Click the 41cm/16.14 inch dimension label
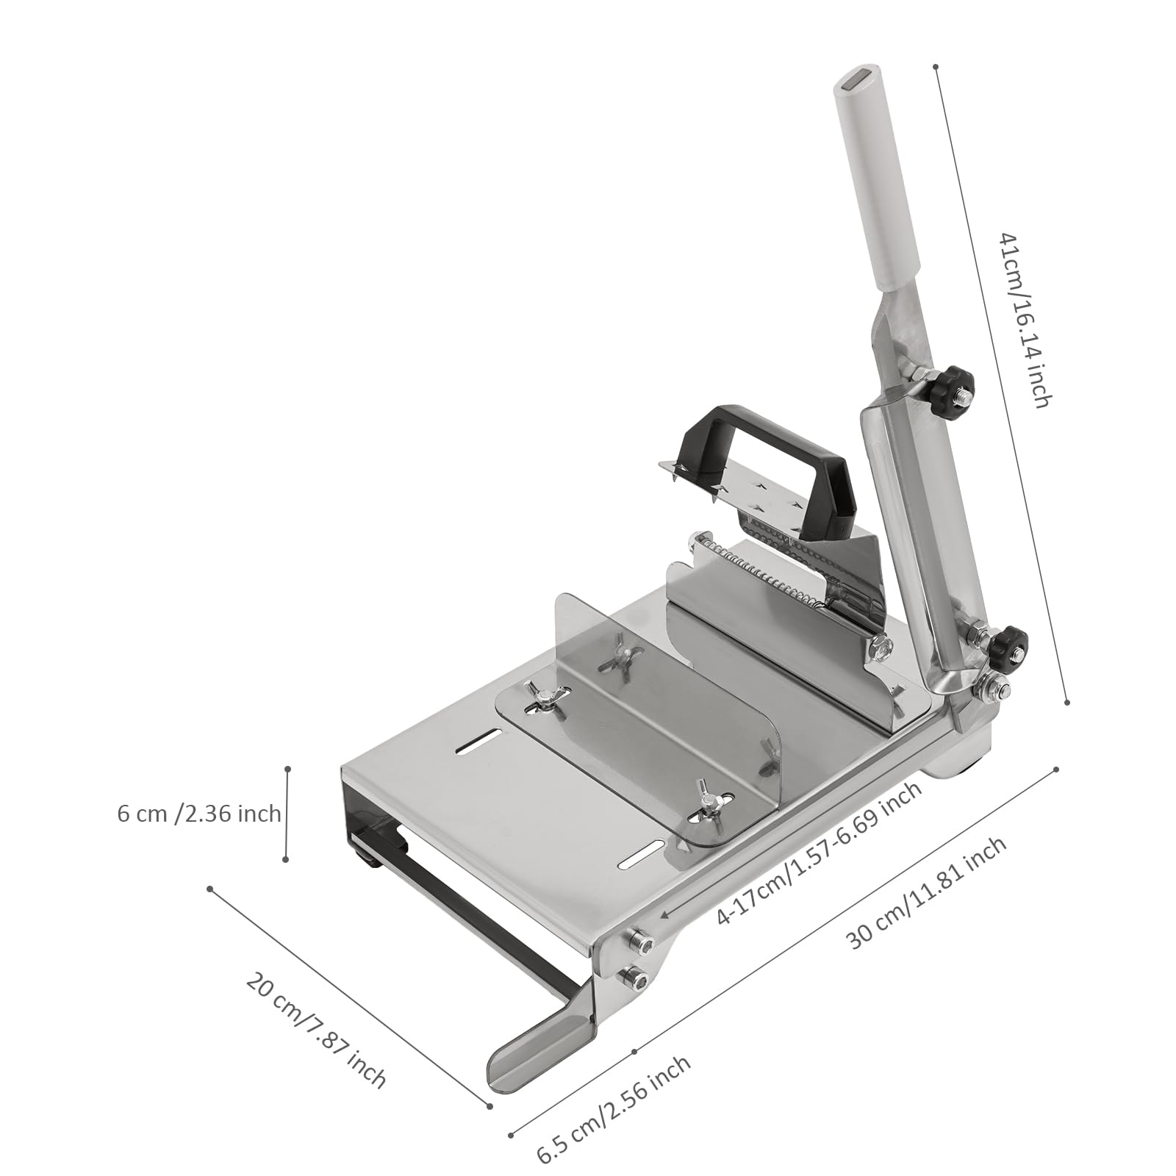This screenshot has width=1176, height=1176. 1026,319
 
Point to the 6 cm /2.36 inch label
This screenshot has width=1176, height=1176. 199,814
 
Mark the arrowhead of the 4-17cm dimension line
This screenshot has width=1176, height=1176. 665,914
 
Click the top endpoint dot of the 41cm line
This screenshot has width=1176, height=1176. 936,67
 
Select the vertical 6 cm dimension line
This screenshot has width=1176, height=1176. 287,814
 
